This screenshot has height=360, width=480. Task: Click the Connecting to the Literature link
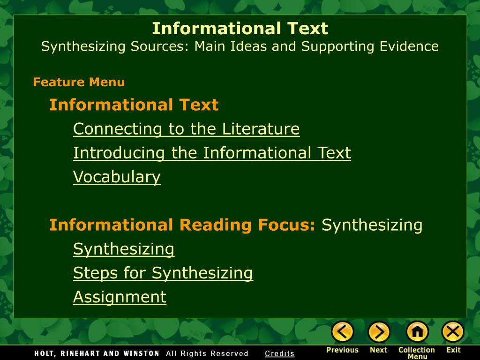186,129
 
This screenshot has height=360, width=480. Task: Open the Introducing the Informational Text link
212,153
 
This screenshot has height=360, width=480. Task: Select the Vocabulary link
117,177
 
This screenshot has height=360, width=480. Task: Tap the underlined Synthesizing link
124,249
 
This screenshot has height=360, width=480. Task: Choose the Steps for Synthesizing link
163,273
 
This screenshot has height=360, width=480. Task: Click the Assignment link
120,297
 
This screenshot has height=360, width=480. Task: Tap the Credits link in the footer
280,353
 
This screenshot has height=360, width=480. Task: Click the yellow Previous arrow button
343,332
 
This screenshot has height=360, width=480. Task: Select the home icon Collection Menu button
417,332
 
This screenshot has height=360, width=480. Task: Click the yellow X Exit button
453,332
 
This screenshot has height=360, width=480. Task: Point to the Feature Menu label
79,82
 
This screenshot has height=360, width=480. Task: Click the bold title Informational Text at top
240,29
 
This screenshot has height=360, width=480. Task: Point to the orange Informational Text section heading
134,105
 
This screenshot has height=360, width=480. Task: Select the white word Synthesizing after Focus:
372,225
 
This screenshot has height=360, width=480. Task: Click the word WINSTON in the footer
139,353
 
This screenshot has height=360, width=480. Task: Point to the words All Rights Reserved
207,353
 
